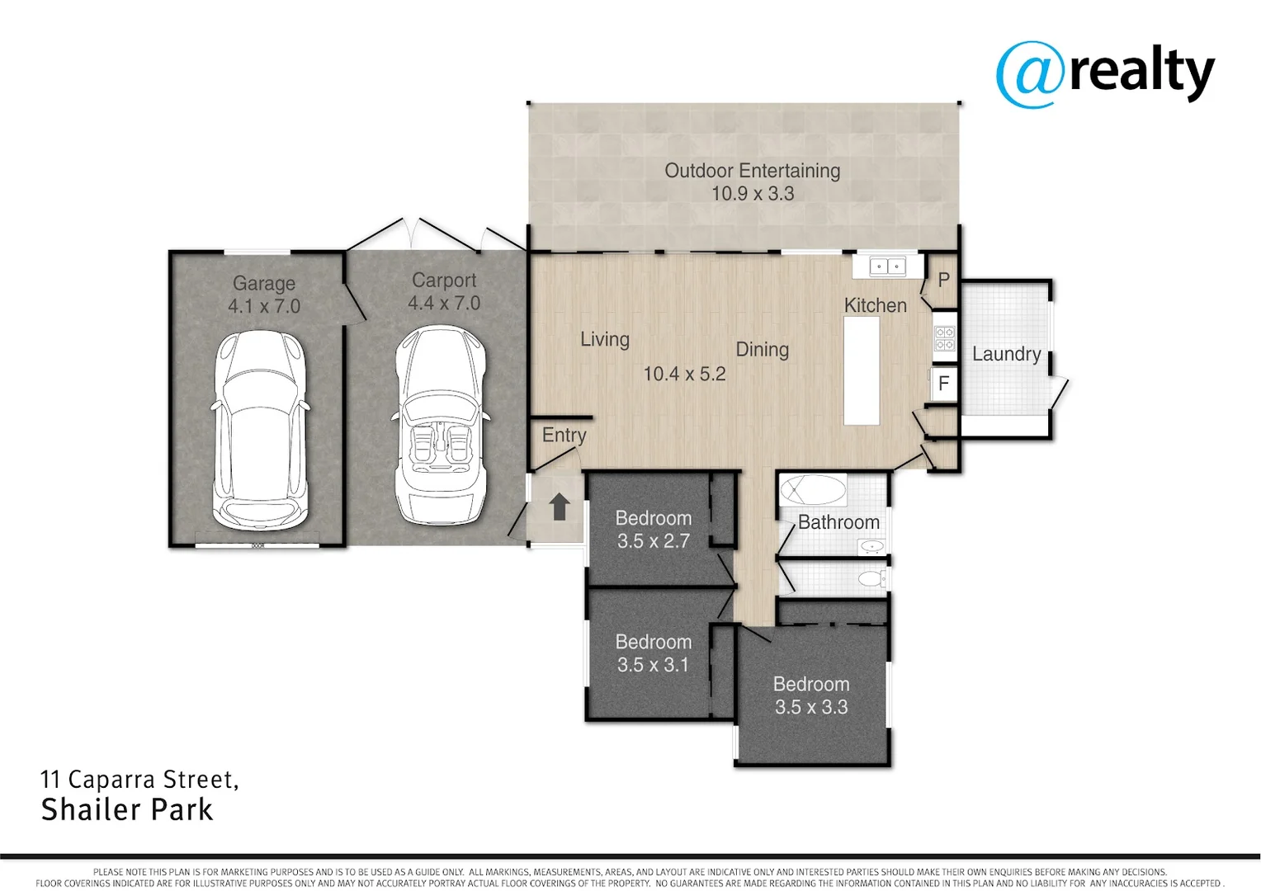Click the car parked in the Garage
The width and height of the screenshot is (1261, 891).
(261, 431)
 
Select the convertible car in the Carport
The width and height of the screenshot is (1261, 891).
(440, 426)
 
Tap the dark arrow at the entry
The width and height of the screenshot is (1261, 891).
(560, 507)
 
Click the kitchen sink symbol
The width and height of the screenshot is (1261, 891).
(888, 266)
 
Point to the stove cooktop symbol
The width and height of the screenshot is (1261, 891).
(944, 338)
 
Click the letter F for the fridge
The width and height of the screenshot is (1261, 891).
(943, 384)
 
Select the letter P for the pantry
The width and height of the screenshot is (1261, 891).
(943, 280)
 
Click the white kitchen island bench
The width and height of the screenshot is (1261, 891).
(862, 370)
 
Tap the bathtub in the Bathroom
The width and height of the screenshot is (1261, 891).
(813, 490)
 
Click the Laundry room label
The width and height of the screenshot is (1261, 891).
(1006, 354)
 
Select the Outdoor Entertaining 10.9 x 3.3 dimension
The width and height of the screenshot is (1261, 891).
(753, 194)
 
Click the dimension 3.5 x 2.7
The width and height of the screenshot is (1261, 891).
(653, 541)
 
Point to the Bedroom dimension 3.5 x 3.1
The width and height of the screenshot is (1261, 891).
(653, 665)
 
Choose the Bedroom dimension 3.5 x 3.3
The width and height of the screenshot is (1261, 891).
(810, 707)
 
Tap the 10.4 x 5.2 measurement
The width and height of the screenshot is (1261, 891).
(684, 374)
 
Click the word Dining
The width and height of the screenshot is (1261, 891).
(762, 350)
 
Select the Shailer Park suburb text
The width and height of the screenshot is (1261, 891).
(127, 809)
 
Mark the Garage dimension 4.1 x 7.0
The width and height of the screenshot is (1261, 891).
(264, 306)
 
